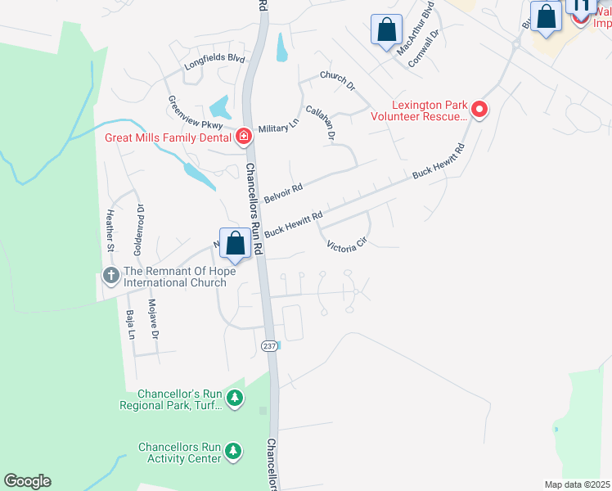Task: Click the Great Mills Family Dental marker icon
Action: coord(243,137)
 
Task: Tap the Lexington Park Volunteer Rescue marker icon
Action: coord(480,110)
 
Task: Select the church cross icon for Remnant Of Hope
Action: coord(111,275)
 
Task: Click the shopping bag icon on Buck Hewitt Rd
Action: coord(235,243)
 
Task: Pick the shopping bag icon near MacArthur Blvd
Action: coord(385,29)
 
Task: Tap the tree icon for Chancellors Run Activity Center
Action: coord(234,451)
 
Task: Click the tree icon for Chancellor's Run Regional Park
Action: coord(235,398)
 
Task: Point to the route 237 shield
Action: coord(269,346)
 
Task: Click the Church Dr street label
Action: coord(338,80)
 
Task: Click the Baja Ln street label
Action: coord(130,324)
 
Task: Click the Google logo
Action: coord(27,481)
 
